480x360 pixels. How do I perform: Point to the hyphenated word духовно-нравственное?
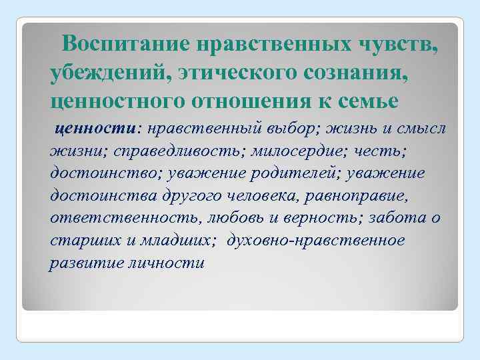click(x=316, y=240)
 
